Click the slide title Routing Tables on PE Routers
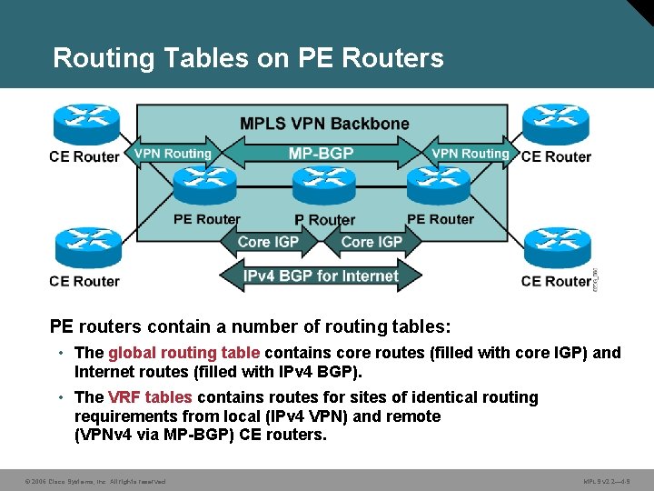tap(248, 58)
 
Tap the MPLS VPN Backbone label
tap(324, 124)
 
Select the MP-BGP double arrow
tap(321, 153)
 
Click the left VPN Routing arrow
tap(173, 154)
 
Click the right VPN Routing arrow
tap(471, 154)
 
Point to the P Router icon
tap(323, 188)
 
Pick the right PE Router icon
tap(439, 186)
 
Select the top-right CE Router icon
tap(555, 124)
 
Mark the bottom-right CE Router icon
tap(555, 247)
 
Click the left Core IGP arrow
tap(267, 242)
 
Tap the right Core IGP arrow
tap(372, 242)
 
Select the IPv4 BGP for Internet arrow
tap(321, 276)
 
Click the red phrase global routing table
tap(184, 353)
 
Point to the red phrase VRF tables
tap(150, 397)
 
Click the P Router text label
tap(324, 220)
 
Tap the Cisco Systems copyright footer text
tap(95, 481)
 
